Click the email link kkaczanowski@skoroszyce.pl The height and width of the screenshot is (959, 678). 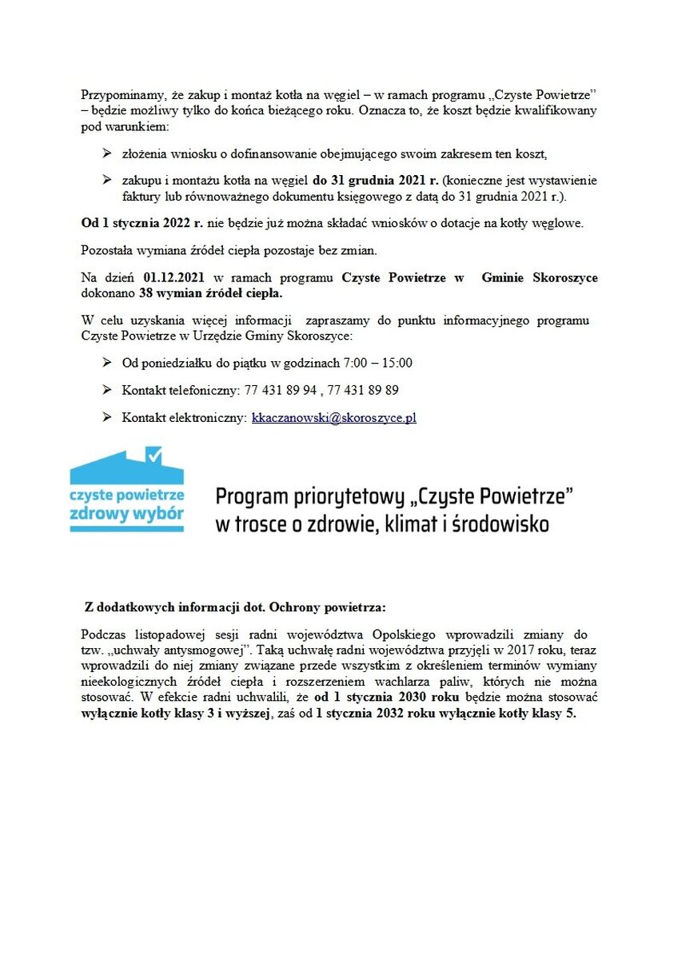pyautogui.click(x=333, y=418)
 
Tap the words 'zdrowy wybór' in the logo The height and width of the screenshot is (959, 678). pyautogui.click(x=126, y=513)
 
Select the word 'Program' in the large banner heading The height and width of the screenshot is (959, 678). pyautogui.click(x=253, y=498)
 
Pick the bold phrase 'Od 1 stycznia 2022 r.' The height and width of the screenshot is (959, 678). pyautogui.click(x=137, y=224)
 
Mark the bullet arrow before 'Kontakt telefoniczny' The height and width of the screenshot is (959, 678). pyautogui.click(x=106, y=390)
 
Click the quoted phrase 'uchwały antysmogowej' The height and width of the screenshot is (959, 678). pyautogui.click(x=169, y=651)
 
